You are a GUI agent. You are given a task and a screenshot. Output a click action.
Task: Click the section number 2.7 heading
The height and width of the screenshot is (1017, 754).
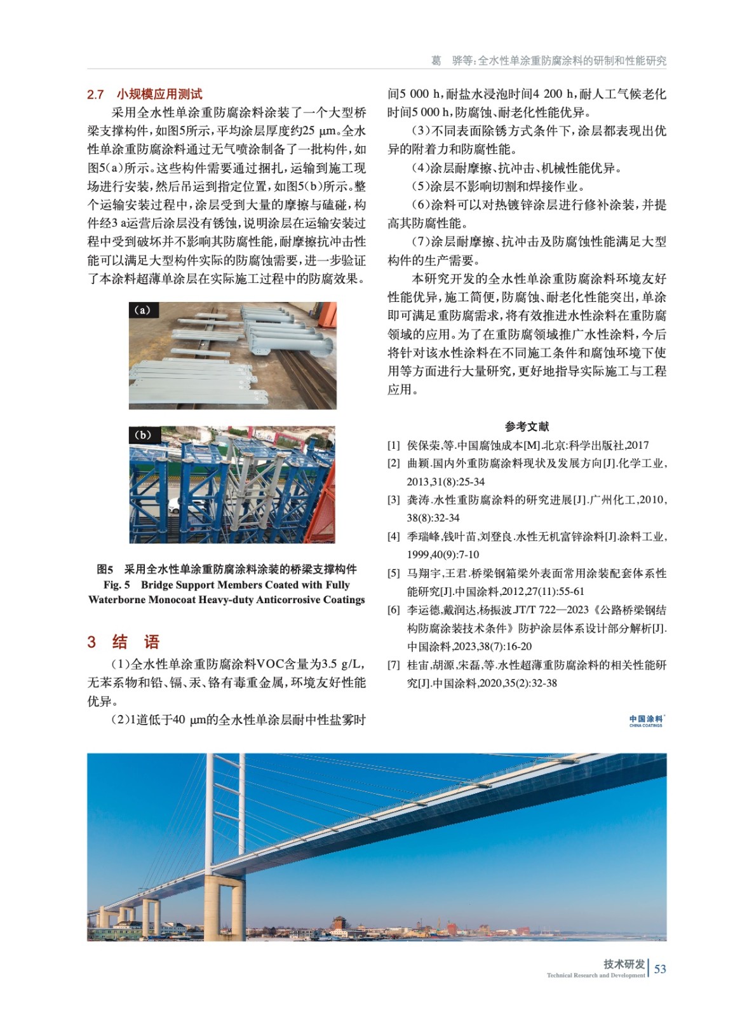(x=95, y=95)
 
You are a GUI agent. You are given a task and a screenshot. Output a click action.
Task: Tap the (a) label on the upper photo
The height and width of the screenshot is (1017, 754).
(x=142, y=310)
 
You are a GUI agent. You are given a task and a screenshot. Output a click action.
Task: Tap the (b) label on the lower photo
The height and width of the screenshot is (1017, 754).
(x=142, y=435)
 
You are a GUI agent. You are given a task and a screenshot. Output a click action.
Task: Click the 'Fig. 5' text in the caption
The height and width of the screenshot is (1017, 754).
(x=116, y=585)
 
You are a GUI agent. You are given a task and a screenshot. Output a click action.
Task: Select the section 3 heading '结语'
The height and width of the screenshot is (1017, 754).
(x=136, y=642)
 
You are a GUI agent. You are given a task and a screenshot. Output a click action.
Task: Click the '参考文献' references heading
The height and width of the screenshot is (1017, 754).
(x=527, y=427)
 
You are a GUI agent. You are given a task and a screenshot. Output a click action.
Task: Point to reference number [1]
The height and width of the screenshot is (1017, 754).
(x=394, y=446)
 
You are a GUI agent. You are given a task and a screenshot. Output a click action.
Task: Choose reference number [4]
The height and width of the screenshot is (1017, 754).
(x=394, y=536)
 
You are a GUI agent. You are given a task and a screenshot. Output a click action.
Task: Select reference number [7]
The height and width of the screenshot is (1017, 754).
(x=394, y=665)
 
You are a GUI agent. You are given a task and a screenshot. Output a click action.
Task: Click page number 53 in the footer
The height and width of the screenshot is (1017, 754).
(x=660, y=969)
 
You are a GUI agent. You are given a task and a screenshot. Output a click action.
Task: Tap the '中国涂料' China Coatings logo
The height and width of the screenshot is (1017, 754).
(x=646, y=720)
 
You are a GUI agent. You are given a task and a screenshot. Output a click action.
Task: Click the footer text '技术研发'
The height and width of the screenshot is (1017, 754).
(x=624, y=964)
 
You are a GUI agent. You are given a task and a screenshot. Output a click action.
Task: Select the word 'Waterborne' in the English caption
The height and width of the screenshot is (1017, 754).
(x=118, y=599)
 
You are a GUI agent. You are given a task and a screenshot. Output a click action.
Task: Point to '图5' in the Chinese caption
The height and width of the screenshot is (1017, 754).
(x=105, y=569)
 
